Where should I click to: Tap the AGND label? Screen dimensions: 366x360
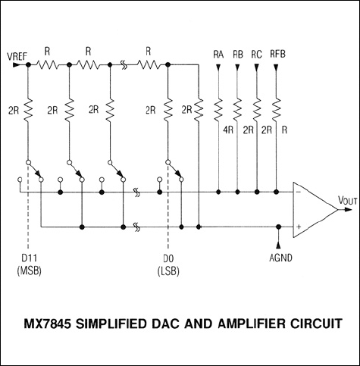click(x=280, y=258)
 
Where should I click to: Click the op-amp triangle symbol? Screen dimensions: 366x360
click(x=311, y=205)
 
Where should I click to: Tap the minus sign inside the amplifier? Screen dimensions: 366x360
click(x=298, y=192)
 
